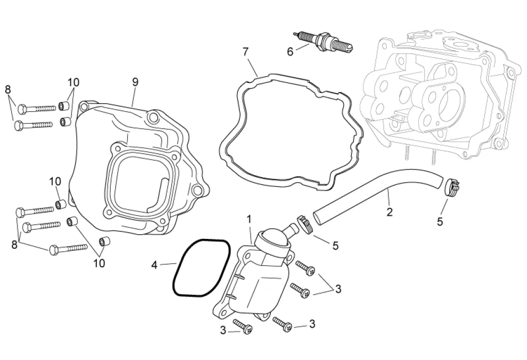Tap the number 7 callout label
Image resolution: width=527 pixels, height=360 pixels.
pyautogui.click(x=245, y=52)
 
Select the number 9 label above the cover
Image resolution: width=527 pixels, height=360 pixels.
pyautogui.click(x=135, y=82)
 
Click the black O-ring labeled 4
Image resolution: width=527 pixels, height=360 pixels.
pyautogui.click(x=201, y=268)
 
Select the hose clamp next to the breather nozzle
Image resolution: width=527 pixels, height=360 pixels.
pyautogui.click(x=306, y=224)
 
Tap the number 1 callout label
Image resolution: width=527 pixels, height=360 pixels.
pyautogui.click(x=249, y=219)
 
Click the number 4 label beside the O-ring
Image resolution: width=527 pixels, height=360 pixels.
pyautogui.click(x=154, y=265)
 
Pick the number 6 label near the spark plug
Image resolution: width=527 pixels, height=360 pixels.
pyautogui.click(x=290, y=52)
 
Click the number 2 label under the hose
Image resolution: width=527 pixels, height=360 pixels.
pyautogui.click(x=390, y=212)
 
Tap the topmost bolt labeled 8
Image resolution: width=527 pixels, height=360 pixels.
pyautogui.click(x=37, y=108)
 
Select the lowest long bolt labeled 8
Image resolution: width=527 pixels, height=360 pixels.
pyautogui.click(x=68, y=249)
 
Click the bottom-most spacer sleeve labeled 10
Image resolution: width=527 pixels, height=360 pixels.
pyautogui.click(x=104, y=242)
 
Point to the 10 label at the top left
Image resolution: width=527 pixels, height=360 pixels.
pyautogui.click(x=74, y=82)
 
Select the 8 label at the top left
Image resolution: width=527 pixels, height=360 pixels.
pyautogui.click(x=8, y=90)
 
